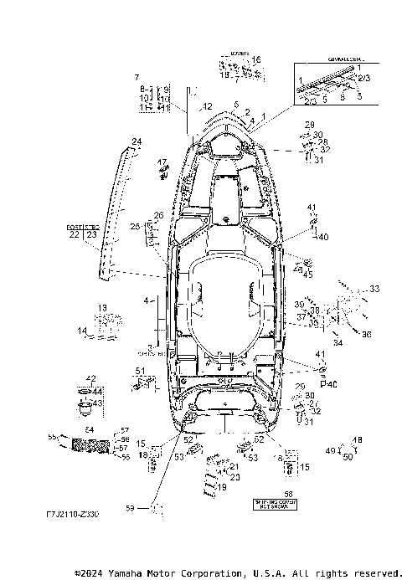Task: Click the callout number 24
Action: [137, 141]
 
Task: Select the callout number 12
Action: [207, 107]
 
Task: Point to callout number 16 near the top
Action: [256, 60]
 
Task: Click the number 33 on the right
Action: [374, 289]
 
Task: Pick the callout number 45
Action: [308, 275]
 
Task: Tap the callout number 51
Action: [140, 371]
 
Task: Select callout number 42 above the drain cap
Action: [90, 379]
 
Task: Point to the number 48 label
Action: [358, 440]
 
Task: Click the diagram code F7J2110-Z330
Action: [73, 516]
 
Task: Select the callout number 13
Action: [102, 308]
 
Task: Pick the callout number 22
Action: [74, 235]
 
